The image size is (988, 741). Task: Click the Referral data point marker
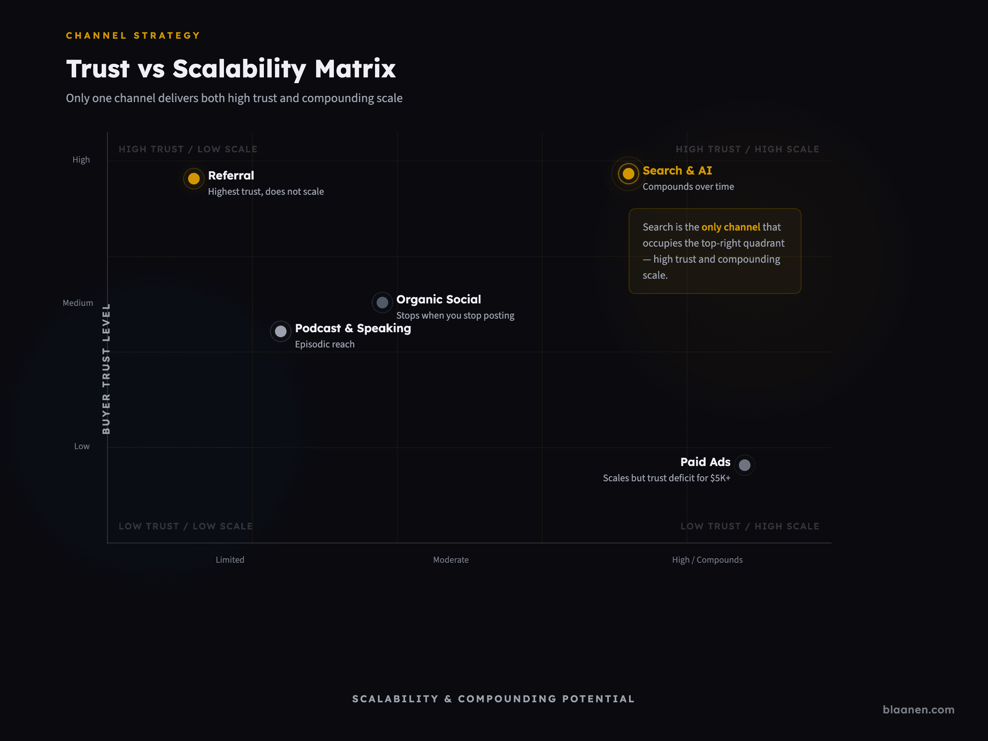point(193,179)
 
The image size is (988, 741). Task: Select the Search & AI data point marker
point(628,173)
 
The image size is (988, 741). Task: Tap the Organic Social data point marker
point(382,303)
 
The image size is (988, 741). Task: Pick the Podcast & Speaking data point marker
point(280,331)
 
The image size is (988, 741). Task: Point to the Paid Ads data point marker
point(744,465)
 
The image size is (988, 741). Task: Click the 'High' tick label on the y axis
point(81,160)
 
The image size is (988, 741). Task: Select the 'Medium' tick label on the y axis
point(78,303)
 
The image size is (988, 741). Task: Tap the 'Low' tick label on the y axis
point(82,446)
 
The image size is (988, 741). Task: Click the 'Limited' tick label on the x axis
point(230,559)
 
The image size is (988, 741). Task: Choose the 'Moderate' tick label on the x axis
point(451,559)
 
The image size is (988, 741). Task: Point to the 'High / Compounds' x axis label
point(707,559)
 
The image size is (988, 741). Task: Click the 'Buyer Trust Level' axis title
point(106,368)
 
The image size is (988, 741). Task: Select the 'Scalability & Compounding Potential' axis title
point(493,699)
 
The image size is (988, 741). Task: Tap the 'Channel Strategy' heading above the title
point(133,36)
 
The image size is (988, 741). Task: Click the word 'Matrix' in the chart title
point(355,69)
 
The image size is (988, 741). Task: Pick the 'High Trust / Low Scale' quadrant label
point(188,149)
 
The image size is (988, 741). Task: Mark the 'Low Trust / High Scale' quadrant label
point(750,526)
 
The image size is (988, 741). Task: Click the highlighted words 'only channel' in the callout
point(730,227)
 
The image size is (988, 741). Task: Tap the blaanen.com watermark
point(918,710)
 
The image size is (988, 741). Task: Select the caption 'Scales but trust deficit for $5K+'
point(666,478)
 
